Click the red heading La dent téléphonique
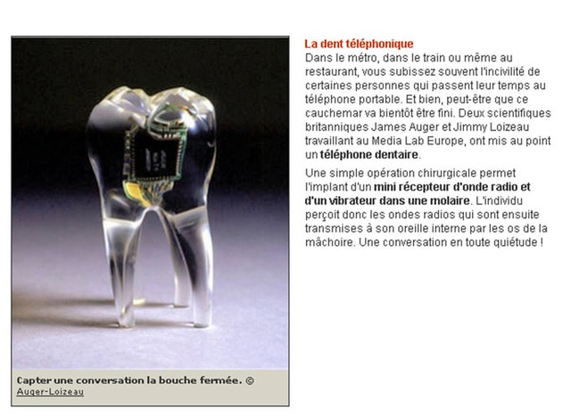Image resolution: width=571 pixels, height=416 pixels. (359, 44)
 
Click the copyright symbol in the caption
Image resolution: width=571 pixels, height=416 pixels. (250, 380)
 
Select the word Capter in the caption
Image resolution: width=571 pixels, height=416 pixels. (35, 380)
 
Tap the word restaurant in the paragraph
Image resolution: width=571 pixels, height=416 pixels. (332, 71)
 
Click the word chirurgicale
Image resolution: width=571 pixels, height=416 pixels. (431, 173)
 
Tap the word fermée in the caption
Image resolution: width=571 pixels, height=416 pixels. (222, 380)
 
